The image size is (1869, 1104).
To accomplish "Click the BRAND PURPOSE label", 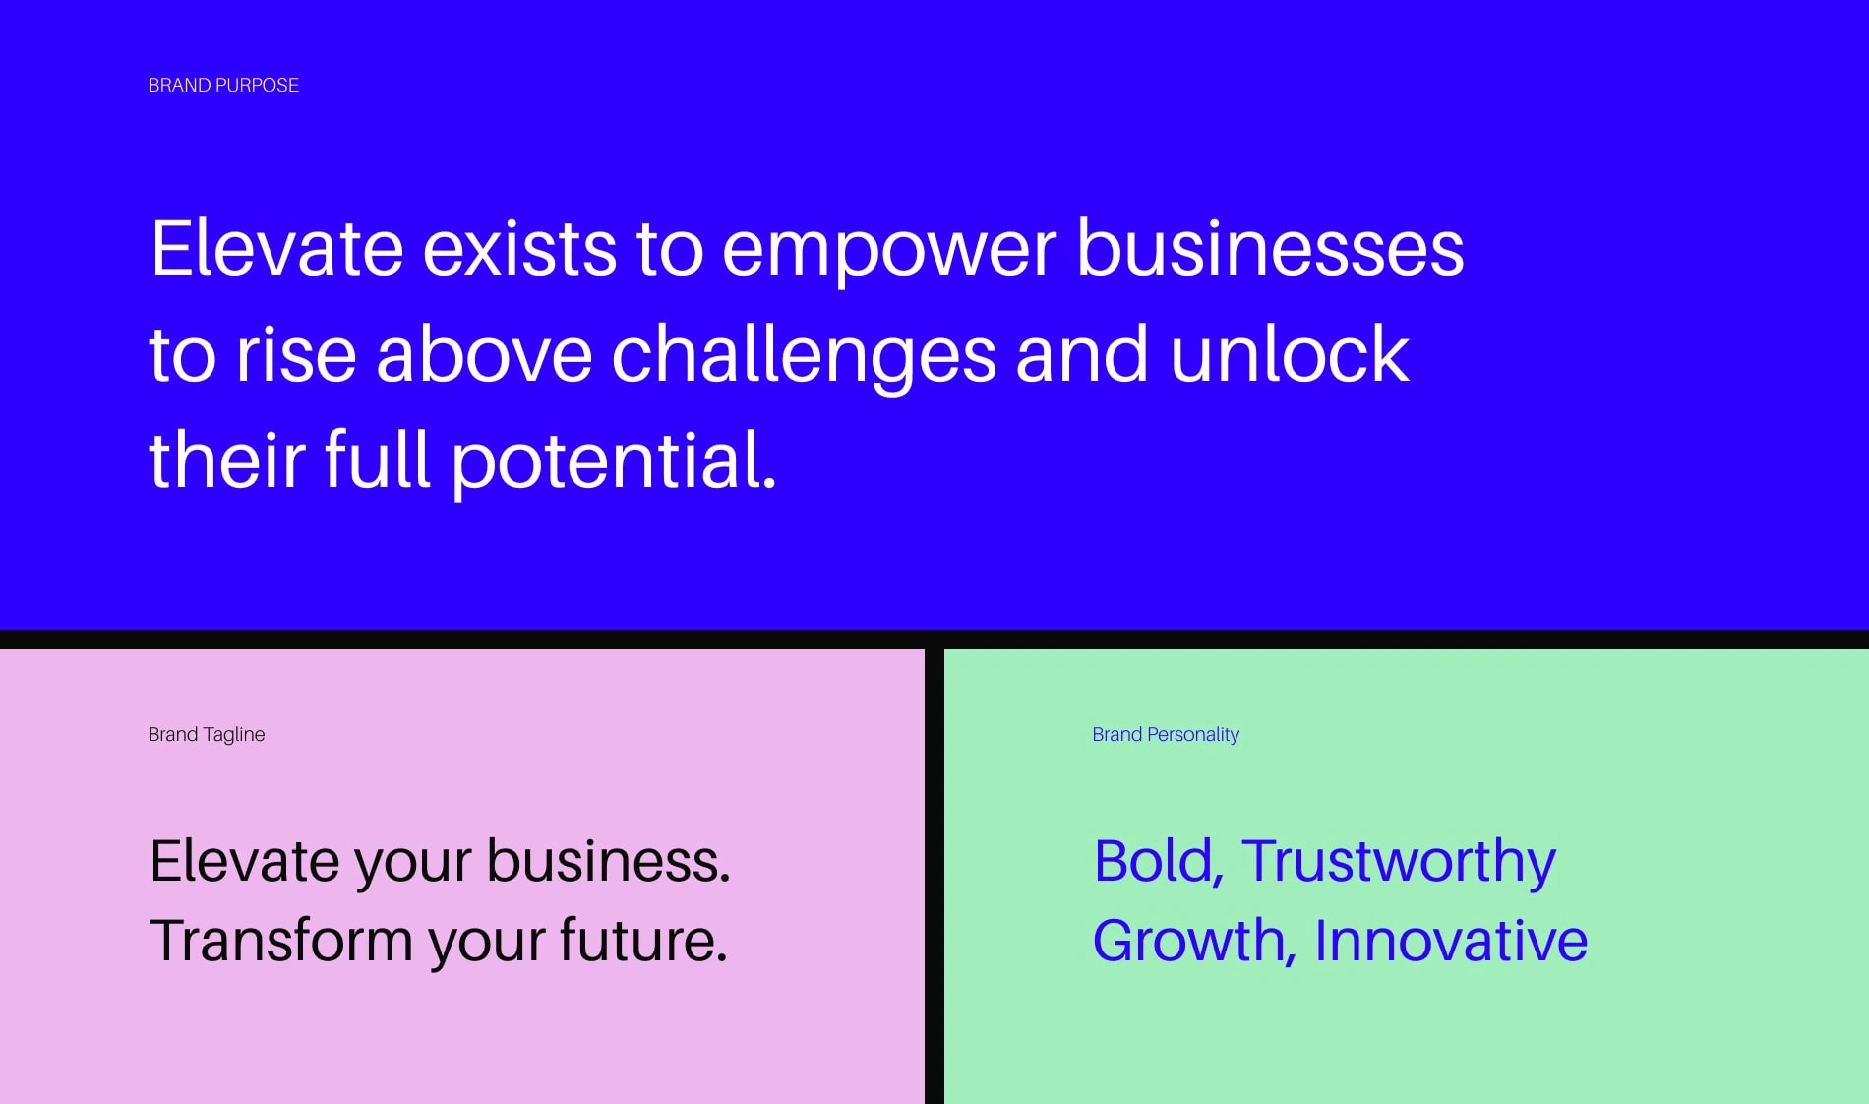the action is tap(223, 86).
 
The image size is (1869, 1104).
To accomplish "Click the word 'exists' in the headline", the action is tap(519, 248).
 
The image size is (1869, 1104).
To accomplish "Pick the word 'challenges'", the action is tap(805, 358).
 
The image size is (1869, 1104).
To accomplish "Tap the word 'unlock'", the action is tap(1290, 352).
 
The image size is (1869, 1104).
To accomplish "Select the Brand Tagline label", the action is tap(207, 735).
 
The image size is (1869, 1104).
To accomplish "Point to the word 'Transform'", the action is tap(280, 941).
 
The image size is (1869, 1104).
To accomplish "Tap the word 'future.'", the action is tap(644, 940).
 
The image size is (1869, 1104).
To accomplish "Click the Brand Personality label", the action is tap(1166, 735).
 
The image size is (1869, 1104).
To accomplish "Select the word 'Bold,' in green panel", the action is tap(1159, 863).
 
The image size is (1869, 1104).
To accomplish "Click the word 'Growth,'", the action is tap(1194, 942).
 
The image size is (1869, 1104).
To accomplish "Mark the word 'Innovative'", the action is tap(1451, 940).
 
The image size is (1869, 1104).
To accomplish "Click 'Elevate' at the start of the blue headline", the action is tap(277, 248).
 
